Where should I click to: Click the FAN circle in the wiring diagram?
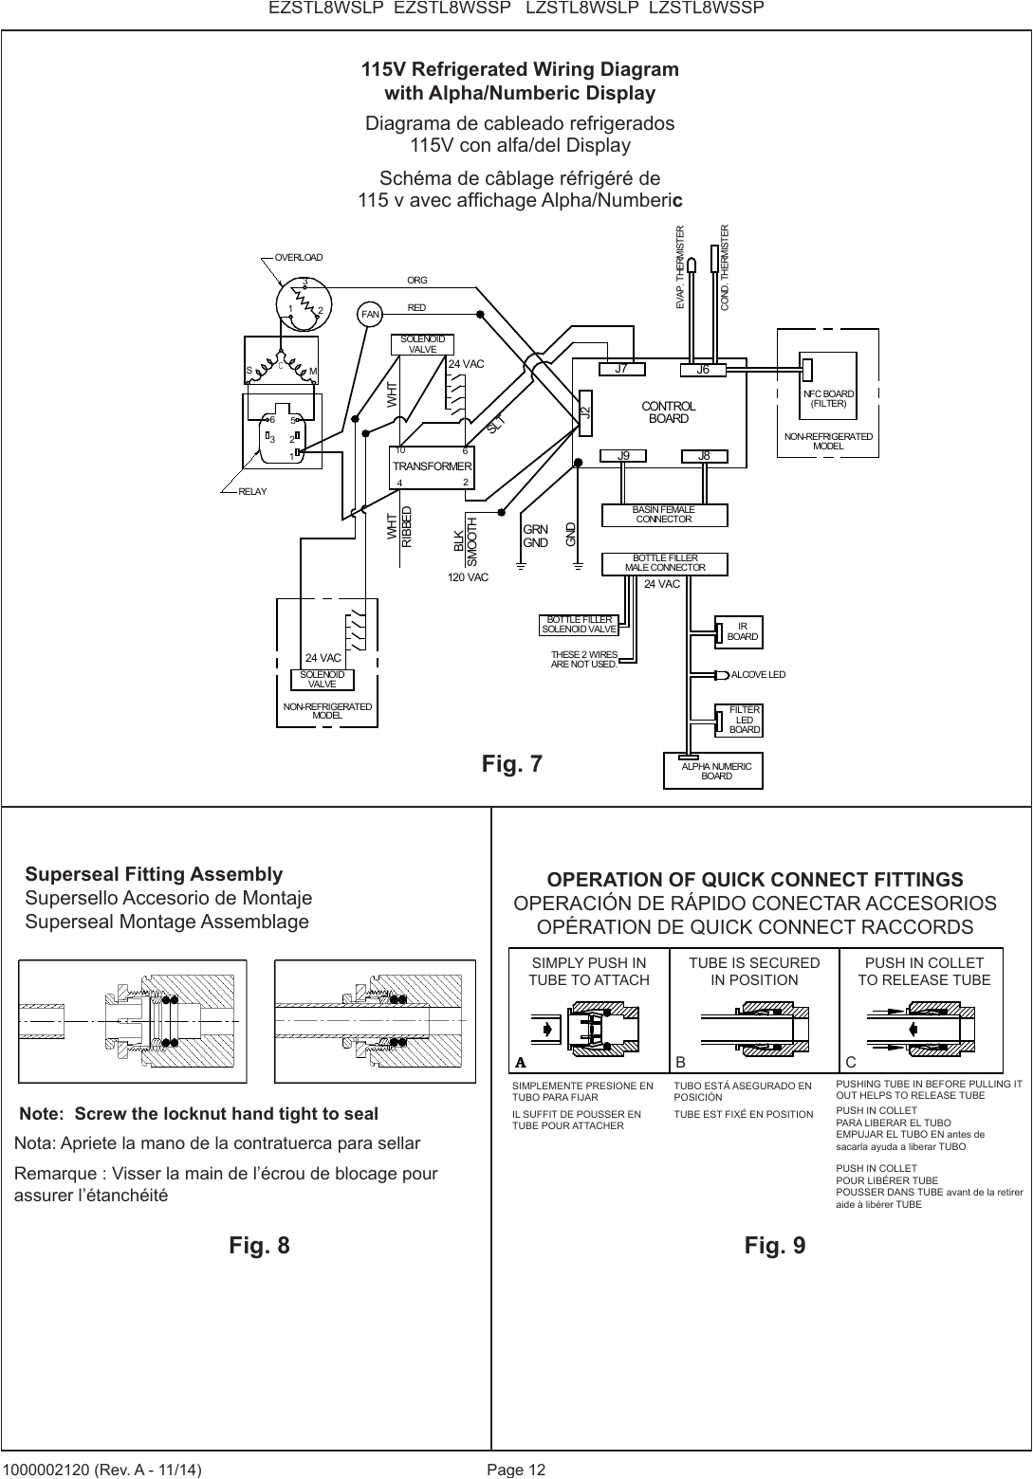[369, 314]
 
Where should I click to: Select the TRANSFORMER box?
[433, 466]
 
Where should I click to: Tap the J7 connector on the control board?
[622, 370]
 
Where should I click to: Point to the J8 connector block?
[704, 456]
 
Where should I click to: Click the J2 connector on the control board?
[584, 412]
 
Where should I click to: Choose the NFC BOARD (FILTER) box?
[829, 398]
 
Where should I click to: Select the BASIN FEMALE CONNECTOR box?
[664, 515]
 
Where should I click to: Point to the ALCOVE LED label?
[758, 675]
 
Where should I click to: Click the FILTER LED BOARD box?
[744, 720]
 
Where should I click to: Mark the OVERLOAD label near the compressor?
[299, 257]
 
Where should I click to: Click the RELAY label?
[252, 491]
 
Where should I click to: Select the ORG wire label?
[417, 281]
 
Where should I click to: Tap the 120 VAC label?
[468, 576]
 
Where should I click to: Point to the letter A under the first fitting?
[520, 1063]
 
